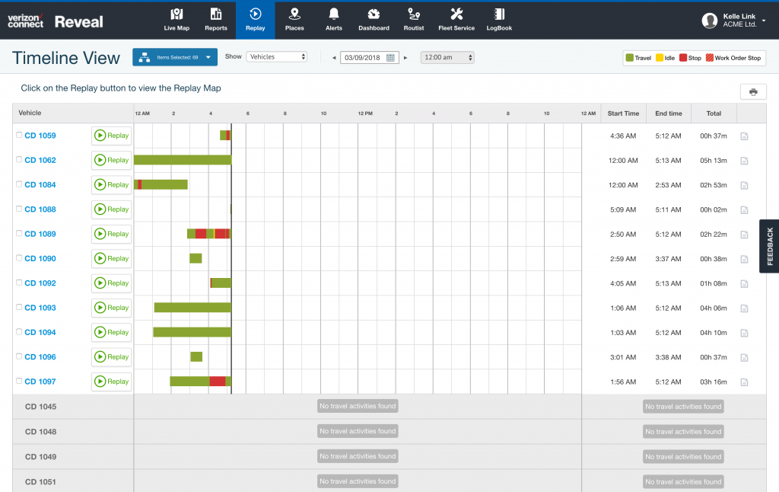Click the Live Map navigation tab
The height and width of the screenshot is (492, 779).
(x=176, y=19)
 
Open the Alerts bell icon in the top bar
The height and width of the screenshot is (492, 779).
(x=333, y=19)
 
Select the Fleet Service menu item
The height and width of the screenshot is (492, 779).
(x=456, y=19)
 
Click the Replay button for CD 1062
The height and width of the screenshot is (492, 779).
(x=112, y=160)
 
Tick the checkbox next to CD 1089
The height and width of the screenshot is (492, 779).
(x=19, y=234)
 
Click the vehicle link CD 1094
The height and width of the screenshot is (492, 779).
(x=40, y=332)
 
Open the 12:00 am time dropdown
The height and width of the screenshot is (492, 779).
(x=447, y=57)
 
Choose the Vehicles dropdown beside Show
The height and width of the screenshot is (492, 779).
(x=277, y=56)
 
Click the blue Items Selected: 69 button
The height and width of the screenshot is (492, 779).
(x=175, y=57)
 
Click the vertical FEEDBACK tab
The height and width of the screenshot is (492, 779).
(x=769, y=246)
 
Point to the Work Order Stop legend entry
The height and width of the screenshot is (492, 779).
(x=733, y=58)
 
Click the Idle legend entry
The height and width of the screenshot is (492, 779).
(x=665, y=58)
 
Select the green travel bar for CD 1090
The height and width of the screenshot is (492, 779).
(x=196, y=258)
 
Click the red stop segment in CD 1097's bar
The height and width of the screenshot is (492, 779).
(x=217, y=381)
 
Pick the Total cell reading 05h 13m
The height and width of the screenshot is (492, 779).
(x=713, y=160)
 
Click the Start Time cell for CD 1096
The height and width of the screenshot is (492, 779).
(x=623, y=356)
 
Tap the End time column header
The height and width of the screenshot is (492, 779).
(x=668, y=113)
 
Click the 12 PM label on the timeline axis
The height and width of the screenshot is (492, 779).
(x=365, y=113)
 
